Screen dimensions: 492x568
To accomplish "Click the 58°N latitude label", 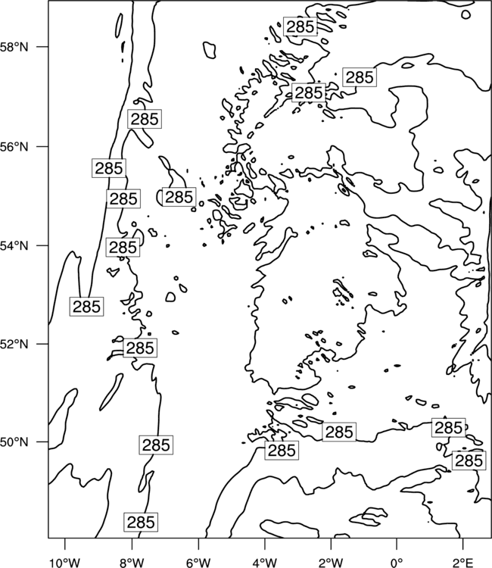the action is (14, 47).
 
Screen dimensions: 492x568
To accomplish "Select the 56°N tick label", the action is (14, 147).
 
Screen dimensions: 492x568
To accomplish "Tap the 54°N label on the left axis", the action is (14, 245).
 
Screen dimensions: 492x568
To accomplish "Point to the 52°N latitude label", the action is (14, 344).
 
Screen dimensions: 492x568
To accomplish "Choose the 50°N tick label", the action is (14, 442).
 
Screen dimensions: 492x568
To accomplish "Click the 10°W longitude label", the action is (65, 563).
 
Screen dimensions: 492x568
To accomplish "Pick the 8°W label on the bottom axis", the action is (132, 563).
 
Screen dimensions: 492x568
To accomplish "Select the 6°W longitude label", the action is (198, 563).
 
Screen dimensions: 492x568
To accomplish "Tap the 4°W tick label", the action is (265, 563).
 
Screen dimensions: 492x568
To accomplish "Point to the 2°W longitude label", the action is (331, 563).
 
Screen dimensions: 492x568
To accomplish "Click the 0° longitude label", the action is (397, 563).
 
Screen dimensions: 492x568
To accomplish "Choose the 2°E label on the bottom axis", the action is (463, 563).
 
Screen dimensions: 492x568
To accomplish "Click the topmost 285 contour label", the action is (300, 27).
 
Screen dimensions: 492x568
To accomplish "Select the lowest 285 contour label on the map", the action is (141, 523).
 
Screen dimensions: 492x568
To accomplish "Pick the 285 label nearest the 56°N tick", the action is (108, 168).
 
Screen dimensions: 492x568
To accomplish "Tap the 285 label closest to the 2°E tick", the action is (469, 460).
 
